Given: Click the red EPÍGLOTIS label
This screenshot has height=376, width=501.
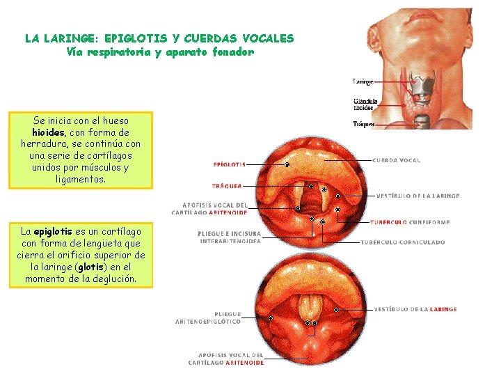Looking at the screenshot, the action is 229,165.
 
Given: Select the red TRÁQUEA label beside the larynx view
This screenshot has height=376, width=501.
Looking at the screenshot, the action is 227,186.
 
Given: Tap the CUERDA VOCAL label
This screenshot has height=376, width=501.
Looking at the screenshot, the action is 396,160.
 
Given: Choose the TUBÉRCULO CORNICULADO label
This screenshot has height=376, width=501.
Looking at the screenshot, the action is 403,242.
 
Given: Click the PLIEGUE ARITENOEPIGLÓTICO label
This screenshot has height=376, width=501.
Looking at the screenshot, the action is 207,318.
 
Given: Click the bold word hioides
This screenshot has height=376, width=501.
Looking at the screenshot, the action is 48,132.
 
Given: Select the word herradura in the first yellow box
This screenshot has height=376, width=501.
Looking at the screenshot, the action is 48,144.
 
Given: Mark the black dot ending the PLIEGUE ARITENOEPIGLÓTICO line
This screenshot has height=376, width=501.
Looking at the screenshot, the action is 269,317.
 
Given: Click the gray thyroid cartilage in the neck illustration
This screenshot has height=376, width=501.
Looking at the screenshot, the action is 420,86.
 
